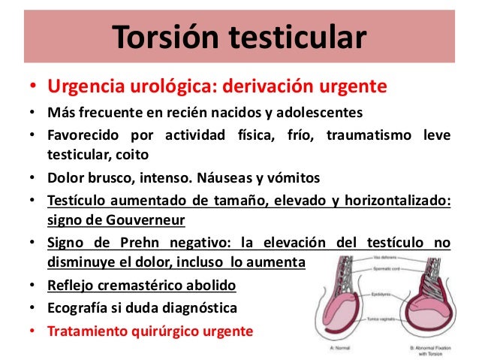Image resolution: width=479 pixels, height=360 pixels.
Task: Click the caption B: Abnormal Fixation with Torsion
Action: tap(433, 351)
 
